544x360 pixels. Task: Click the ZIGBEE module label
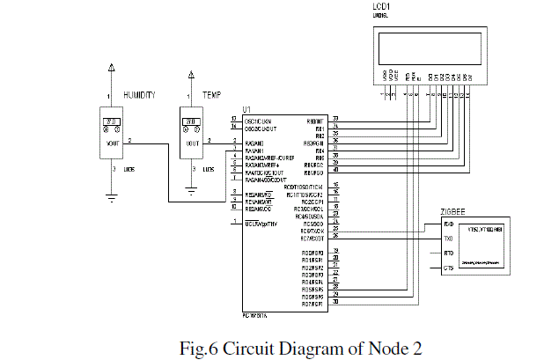(453, 211)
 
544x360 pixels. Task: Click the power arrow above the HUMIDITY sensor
(111, 68)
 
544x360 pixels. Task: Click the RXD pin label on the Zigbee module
(449, 224)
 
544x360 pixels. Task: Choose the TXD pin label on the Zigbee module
(449, 239)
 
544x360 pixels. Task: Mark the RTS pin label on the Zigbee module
(449, 253)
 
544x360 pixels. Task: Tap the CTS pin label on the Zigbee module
(449, 268)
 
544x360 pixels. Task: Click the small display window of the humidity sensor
(111, 122)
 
